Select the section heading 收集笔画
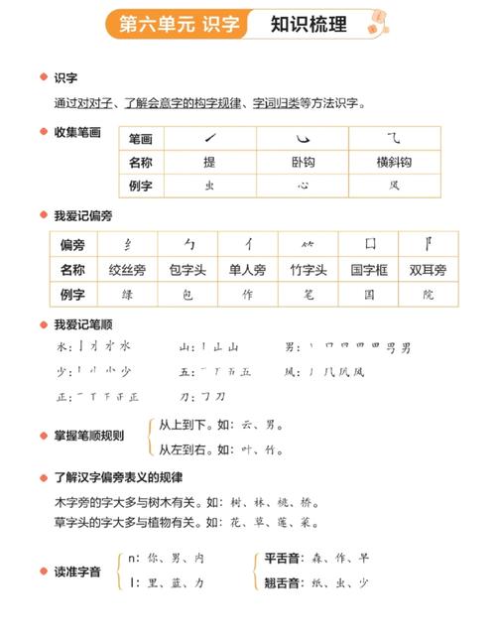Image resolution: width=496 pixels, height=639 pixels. coord(77,132)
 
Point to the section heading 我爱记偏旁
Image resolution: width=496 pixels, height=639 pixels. coord(82,215)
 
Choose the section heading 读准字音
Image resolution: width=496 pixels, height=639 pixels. coord(76,571)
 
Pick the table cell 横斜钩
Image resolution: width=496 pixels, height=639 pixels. coord(394,162)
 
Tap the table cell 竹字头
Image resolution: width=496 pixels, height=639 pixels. coord(309,269)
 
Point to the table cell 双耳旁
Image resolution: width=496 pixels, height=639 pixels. coord(428,269)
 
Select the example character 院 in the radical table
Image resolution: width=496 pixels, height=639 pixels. coord(428,294)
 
